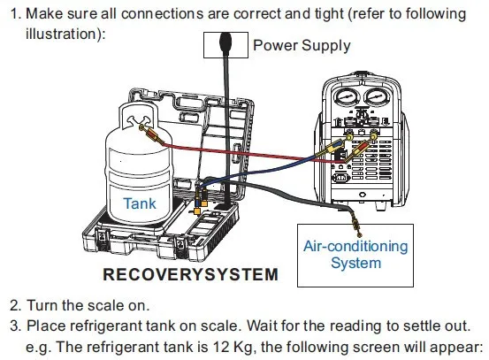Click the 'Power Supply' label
click(302, 45)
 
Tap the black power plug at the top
click(225, 42)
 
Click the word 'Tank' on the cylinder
click(140, 203)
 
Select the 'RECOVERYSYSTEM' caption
click(190, 274)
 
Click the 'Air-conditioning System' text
click(355, 254)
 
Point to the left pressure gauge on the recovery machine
click(346, 96)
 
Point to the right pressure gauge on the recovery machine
click(377, 96)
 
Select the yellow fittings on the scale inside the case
click(201, 203)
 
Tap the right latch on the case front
click(181, 247)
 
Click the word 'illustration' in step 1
click(61, 34)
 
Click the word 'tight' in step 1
click(329, 14)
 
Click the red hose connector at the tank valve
click(154, 134)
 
